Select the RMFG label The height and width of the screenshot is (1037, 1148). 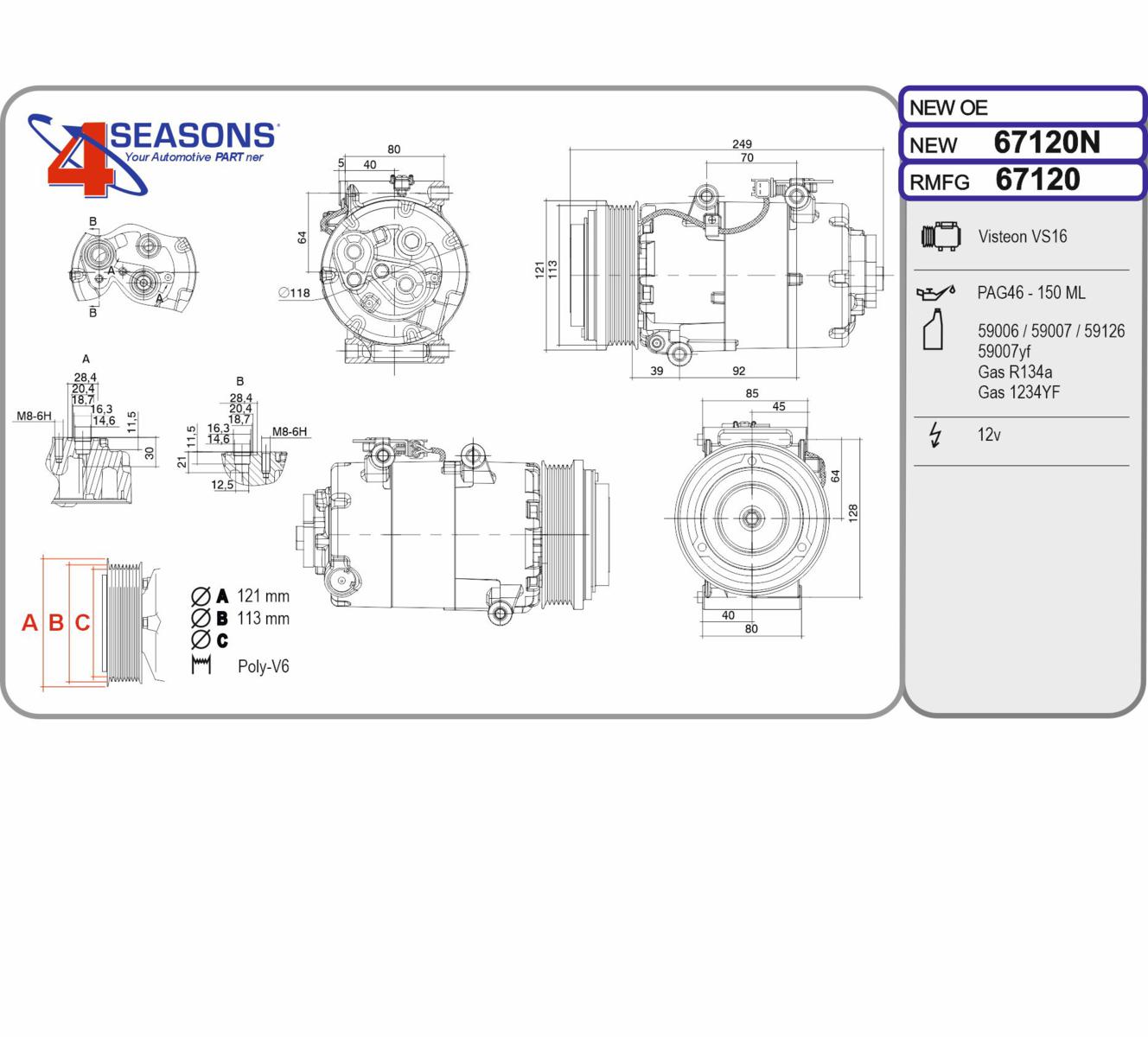[939, 182]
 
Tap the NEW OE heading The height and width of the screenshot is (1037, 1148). [948, 108]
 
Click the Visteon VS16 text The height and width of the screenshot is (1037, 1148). [1022, 237]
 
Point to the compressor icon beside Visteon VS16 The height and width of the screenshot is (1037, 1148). [941, 236]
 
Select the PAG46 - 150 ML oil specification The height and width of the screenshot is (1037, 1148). [1030, 292]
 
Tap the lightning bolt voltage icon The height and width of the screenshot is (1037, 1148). [935, 435]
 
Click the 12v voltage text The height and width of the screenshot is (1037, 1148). [989, 435]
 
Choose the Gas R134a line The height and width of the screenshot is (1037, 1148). [1015, 372]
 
